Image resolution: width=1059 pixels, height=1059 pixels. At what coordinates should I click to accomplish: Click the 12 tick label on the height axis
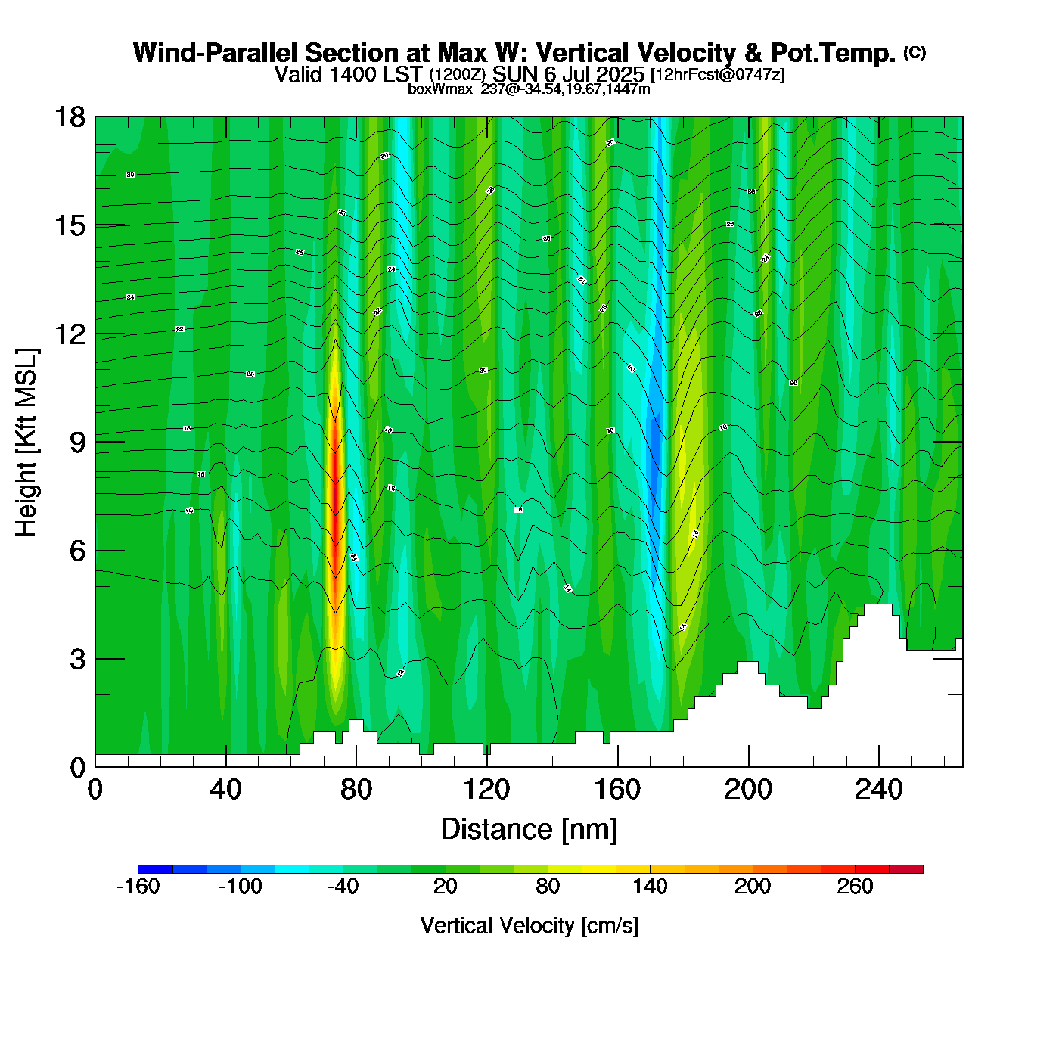(70, 334)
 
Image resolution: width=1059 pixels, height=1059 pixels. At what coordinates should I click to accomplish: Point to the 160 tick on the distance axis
(617, 790)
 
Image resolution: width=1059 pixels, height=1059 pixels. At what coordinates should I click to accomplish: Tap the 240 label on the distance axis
(879, 790)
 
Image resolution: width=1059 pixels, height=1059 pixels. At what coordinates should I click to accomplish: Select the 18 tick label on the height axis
(69, 117)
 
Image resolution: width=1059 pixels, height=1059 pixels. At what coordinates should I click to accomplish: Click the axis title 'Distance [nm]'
(529, 829)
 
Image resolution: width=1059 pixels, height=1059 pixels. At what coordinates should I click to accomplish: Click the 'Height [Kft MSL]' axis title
(26, 443)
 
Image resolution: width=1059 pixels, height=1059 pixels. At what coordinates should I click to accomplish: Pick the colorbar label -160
(138, 887)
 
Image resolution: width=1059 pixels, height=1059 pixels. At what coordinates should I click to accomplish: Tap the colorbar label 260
(855, 887)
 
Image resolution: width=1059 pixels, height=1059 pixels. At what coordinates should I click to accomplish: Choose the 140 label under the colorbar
(650, 887)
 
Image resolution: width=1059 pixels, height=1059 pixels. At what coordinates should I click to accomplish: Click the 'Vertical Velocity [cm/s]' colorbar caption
(529, 925)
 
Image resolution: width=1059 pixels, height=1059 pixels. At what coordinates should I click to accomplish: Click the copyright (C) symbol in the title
(915, 52)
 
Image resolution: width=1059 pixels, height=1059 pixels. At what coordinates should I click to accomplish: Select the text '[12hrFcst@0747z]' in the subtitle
(717, 75)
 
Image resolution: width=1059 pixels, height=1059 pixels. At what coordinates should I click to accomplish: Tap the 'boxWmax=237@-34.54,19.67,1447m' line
(529, 89)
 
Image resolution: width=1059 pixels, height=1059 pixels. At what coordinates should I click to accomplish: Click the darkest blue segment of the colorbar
(155, 869)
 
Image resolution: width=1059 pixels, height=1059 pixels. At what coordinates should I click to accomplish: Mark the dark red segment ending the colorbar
(905, 869)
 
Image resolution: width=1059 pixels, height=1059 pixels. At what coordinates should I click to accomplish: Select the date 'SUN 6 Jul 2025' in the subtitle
(568, 75)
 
